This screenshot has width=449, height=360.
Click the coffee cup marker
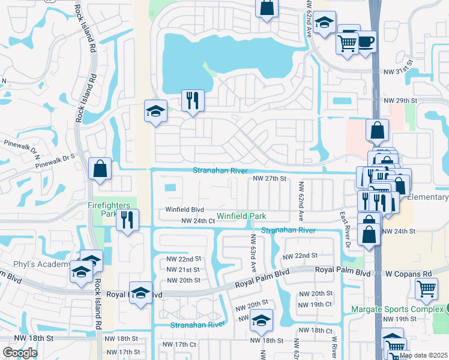point(366,42)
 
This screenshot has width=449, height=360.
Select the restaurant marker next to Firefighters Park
point(127,220)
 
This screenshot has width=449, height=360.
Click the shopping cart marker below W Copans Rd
point(426,289)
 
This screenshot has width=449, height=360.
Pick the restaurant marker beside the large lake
point(193,101)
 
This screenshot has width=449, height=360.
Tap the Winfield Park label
point(241,215)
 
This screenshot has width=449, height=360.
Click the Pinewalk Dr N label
point(20,144)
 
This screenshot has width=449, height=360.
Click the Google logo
point(20,353)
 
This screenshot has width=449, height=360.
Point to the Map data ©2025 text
point(423,355)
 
